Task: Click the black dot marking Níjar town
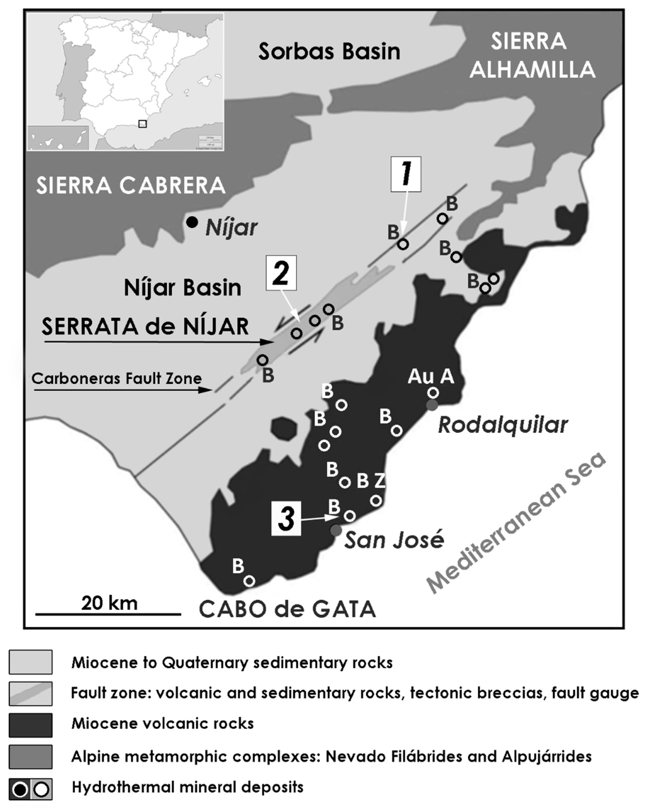192,223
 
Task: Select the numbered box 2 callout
281,273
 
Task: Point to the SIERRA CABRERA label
130,186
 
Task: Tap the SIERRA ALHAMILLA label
532,56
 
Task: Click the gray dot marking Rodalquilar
432,405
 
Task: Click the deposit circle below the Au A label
433,393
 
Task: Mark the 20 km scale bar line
108,614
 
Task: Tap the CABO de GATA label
287,609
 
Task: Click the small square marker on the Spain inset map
143,124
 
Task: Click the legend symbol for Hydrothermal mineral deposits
31,789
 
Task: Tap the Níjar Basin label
182,288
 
